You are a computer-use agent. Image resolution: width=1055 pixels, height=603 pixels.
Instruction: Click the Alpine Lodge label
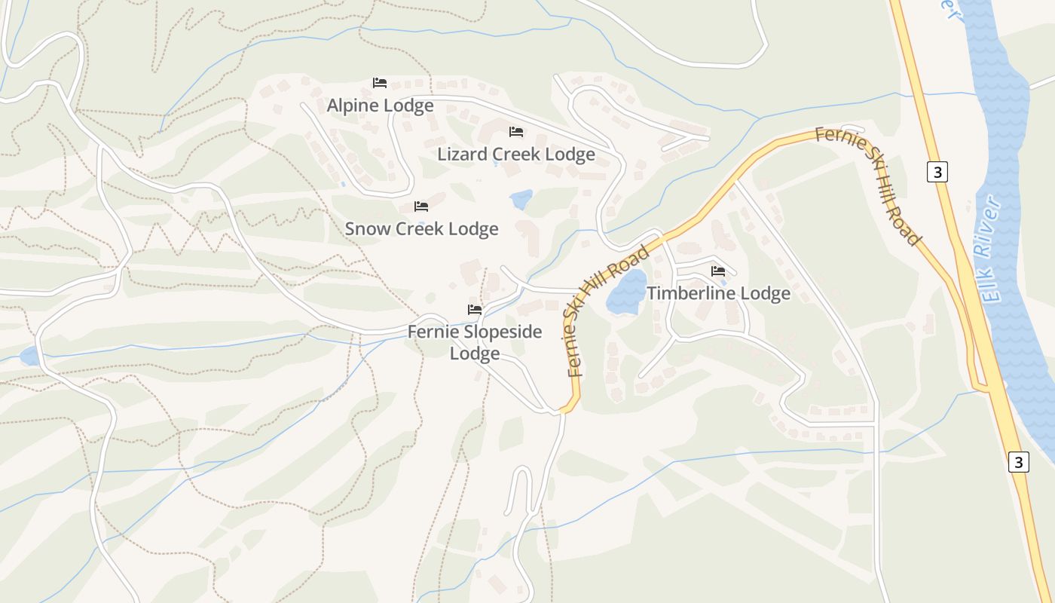tap(380, 106)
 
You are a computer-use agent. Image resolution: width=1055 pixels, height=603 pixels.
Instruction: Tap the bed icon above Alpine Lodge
tap(380, 82)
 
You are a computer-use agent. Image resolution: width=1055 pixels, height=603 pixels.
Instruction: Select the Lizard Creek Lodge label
tap(516, 155)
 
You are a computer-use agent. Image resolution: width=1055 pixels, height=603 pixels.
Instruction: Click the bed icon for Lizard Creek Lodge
tap(516, 132)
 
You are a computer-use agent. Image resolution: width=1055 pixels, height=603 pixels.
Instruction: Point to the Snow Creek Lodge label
tap(421, 228)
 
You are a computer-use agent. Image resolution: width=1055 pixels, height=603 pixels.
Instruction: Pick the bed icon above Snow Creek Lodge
tap(421, 206)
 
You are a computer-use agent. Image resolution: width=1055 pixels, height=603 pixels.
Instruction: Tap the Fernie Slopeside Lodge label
tap(475, 342)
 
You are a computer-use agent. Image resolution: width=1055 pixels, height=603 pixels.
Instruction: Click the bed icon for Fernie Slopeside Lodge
tap(475, 309)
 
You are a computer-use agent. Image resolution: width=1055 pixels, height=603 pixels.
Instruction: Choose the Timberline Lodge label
tap(718, 293)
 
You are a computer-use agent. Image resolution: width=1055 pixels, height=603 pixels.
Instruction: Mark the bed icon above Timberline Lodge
tap(718, 271)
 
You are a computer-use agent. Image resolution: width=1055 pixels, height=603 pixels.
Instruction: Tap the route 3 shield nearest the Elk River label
tap(937, 172)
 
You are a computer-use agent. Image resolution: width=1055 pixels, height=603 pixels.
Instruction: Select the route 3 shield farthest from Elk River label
tap(1018, 461)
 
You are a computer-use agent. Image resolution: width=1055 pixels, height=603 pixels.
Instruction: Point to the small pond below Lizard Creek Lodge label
tap(521, 200)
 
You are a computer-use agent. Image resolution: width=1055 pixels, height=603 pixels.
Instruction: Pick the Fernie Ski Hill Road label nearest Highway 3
tap(869, 185)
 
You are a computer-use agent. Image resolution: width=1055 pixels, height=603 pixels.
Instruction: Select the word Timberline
tap(690, 293)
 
